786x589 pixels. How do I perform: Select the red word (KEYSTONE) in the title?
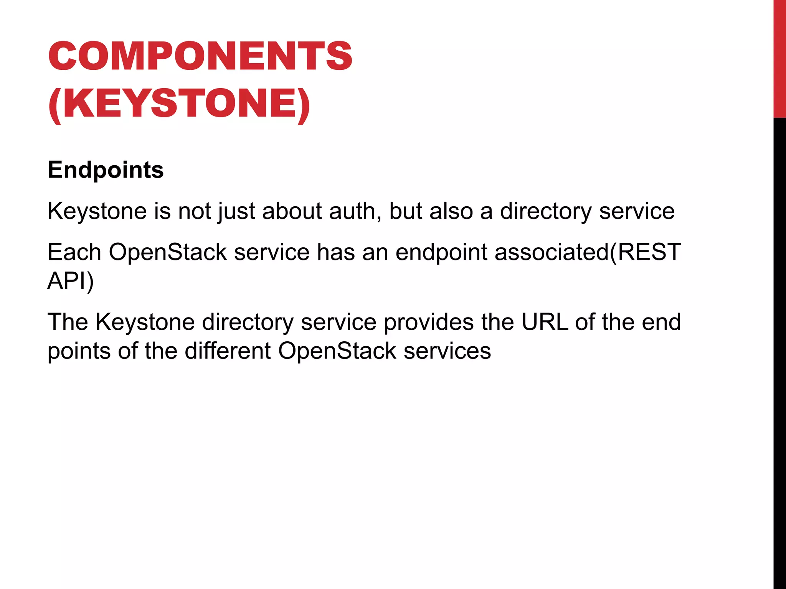click(x=179, y=104)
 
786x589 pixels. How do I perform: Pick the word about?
click(x=292, y=211)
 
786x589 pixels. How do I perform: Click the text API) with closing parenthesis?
click(x=71, y=281)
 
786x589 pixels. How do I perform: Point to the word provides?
click(x=429, y=322)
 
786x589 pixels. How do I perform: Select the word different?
click(x=228, y=350)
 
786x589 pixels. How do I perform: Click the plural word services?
click(x=447, y=350)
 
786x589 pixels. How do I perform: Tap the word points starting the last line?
click(x=79, y=350)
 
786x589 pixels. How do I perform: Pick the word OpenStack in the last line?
click(x=337, y=350)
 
